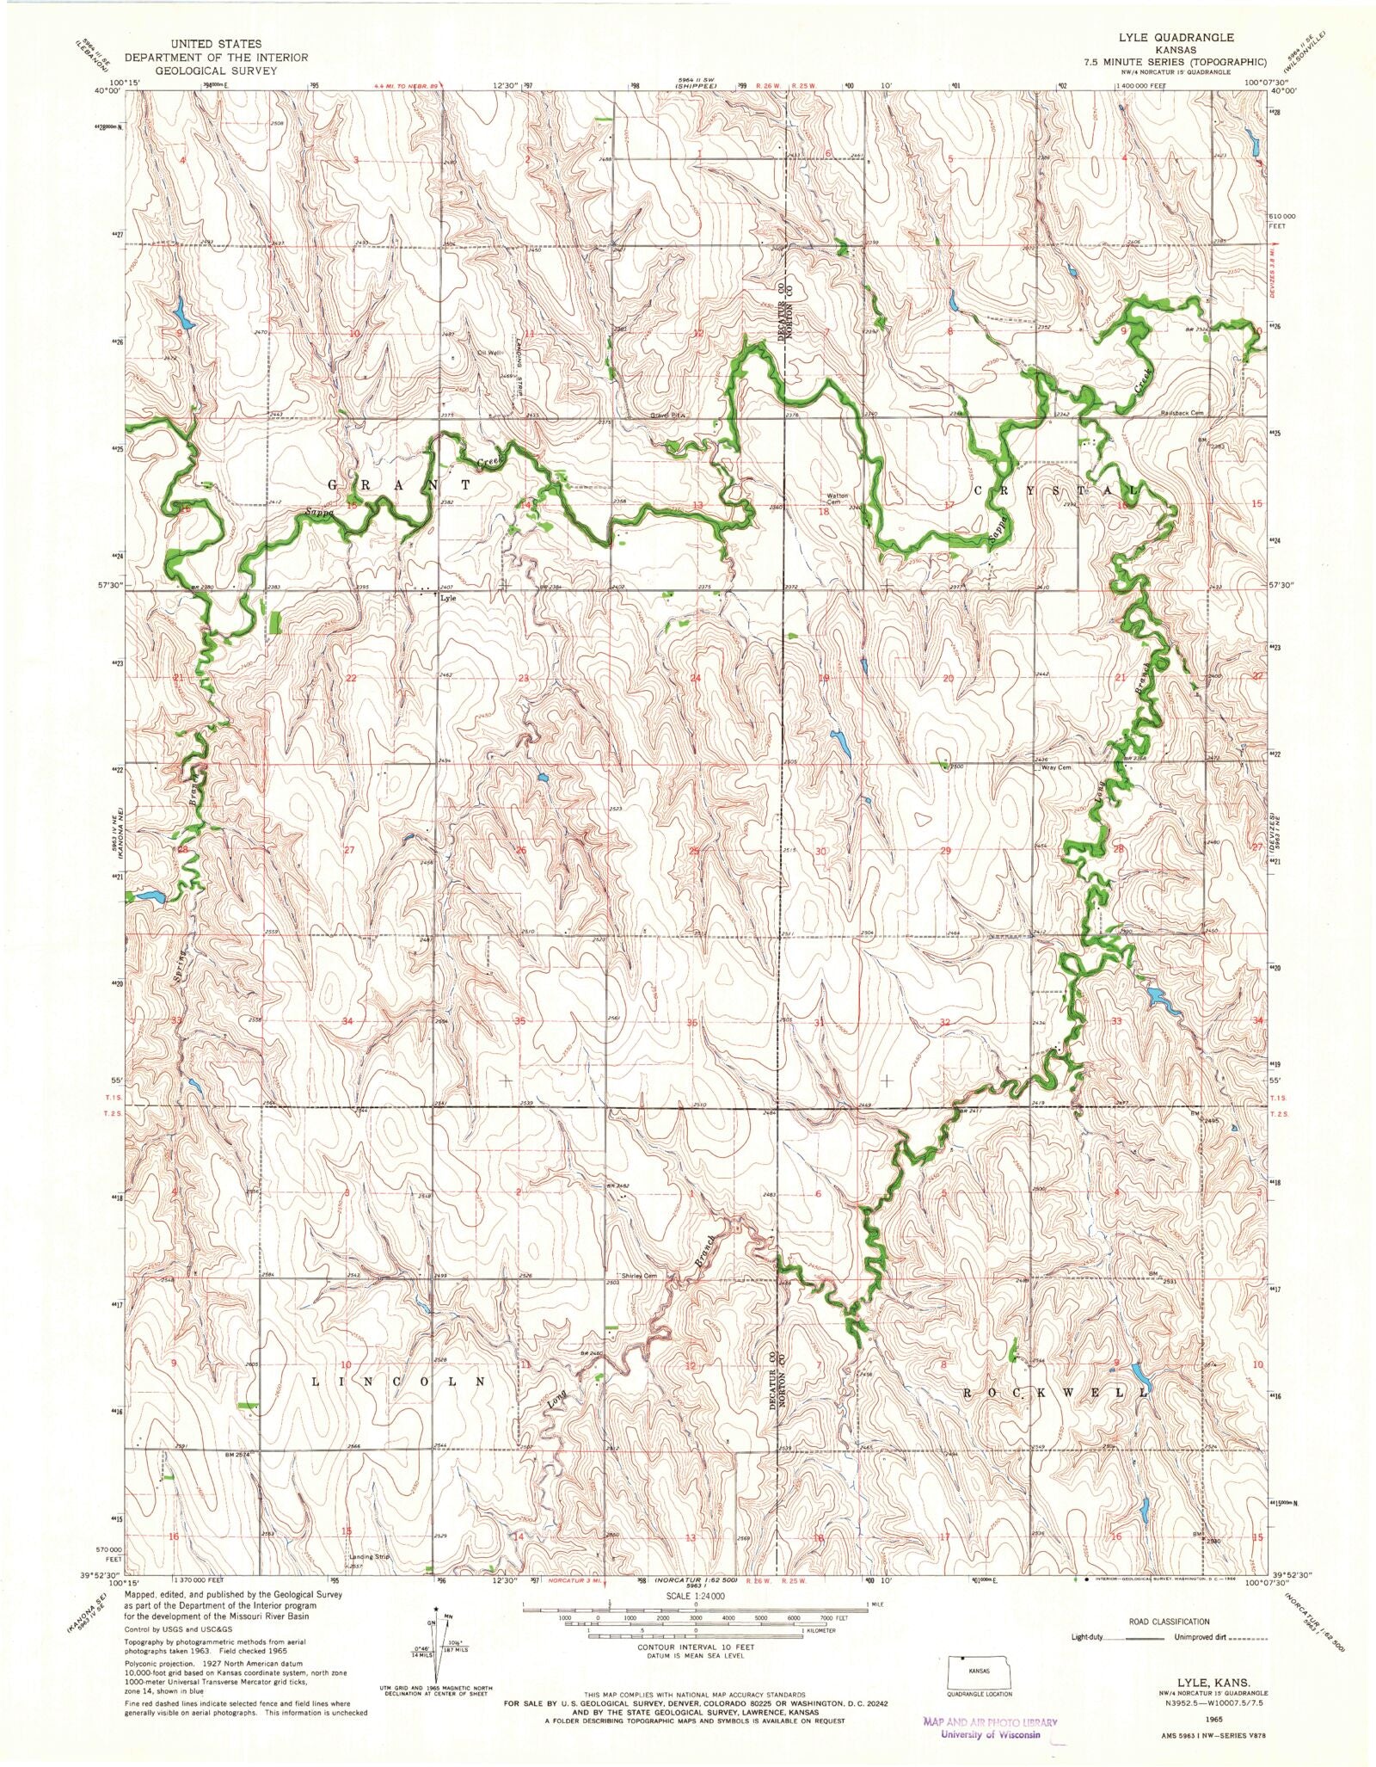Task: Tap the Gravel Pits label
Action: pos(667,415)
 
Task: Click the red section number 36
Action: pos(693,1022)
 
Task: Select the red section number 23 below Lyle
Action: pos(523,678)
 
